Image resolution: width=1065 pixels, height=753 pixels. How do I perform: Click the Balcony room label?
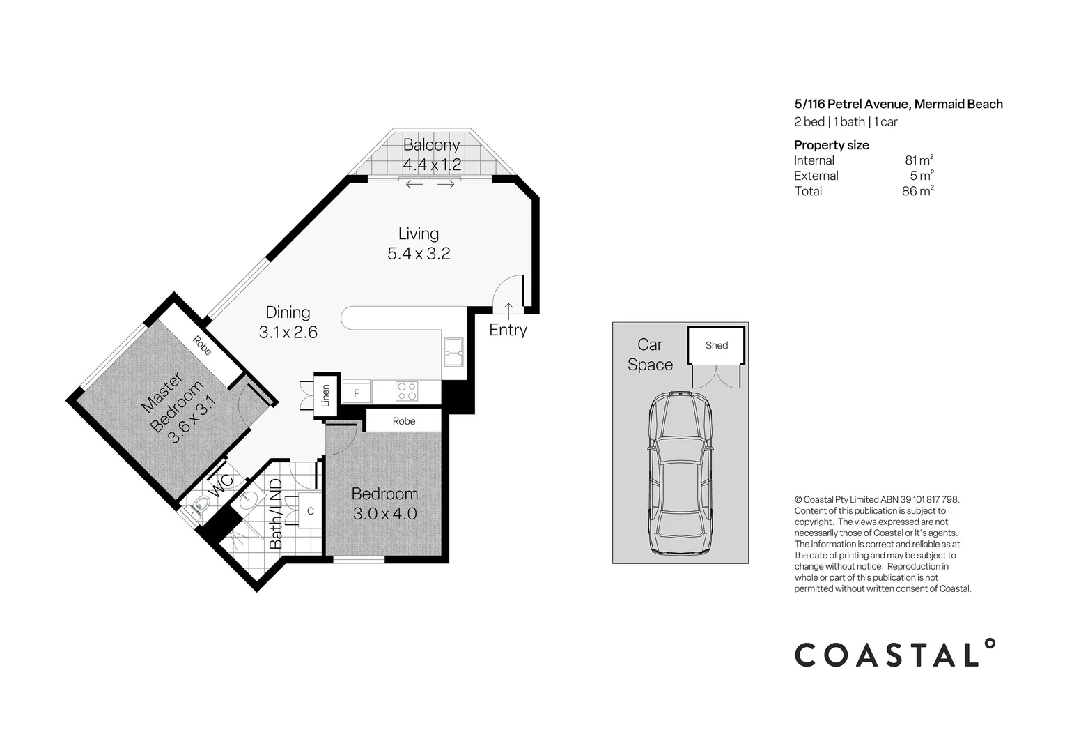pyautogui.click(x=431, y=145)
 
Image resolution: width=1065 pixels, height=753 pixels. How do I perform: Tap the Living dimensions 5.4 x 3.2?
pyautogui.click(x=419, y=253)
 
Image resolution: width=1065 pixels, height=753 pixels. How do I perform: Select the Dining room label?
pyautogui.click(x=288, y=312)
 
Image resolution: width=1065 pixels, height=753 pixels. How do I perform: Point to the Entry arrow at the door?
pyautogui.click(x=508, y=312)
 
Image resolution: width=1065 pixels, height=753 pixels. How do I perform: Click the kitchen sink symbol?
pyautogui.click(x=453, y=352)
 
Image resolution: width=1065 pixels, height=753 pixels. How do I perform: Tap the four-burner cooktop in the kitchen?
pyautogui.click(x=407, y=391)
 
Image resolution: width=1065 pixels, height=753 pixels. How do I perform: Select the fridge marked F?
pyautogui.click(x=357, y=393)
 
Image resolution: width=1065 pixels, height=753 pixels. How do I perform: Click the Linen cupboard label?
pyautogui.click(x=326, y=395)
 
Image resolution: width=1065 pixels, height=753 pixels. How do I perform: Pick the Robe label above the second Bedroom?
pyautogui.click(x=404, y=421)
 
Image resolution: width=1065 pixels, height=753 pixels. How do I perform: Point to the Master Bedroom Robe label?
pyautogui.click(x=202, y=346)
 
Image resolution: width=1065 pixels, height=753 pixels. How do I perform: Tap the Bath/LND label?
pyautogui.click(x=276, y=514)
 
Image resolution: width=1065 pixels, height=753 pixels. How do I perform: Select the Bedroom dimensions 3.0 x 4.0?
pyautogui.click(x=385, y=514)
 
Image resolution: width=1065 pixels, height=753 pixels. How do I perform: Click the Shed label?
pyautogui.click(x=717, y=345)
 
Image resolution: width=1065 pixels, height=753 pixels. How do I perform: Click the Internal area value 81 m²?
pyautogui.click(x=919, y=160)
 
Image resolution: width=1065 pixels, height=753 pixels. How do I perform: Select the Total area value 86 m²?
pyautogui.click(x=917, y=191)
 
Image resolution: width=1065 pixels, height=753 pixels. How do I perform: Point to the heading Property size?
pyautogui.click(x=832, y=145)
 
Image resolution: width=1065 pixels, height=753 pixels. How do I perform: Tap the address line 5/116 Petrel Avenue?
pyautogui.click(x=852, y=105)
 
